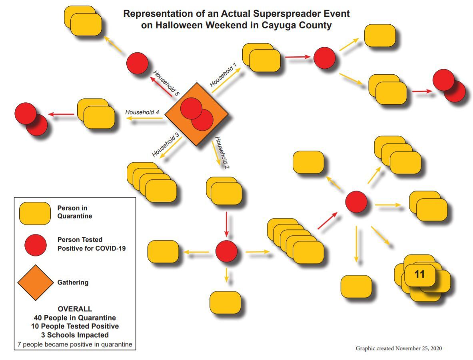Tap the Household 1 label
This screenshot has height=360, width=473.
(224, 75)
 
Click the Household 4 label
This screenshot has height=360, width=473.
(142, 112)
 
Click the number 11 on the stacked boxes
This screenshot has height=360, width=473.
(419, 274)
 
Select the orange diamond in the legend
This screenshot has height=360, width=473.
(35, 282)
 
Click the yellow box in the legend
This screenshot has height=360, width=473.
(35, 213)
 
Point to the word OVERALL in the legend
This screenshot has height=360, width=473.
(75, 309)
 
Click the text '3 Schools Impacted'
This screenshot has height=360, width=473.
(75, 335)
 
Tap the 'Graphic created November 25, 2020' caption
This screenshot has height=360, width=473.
(399, 348)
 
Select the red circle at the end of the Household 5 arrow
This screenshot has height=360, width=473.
(137, 63)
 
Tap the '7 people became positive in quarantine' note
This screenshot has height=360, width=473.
(75, 344)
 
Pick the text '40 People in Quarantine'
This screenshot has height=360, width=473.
(75, 318)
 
